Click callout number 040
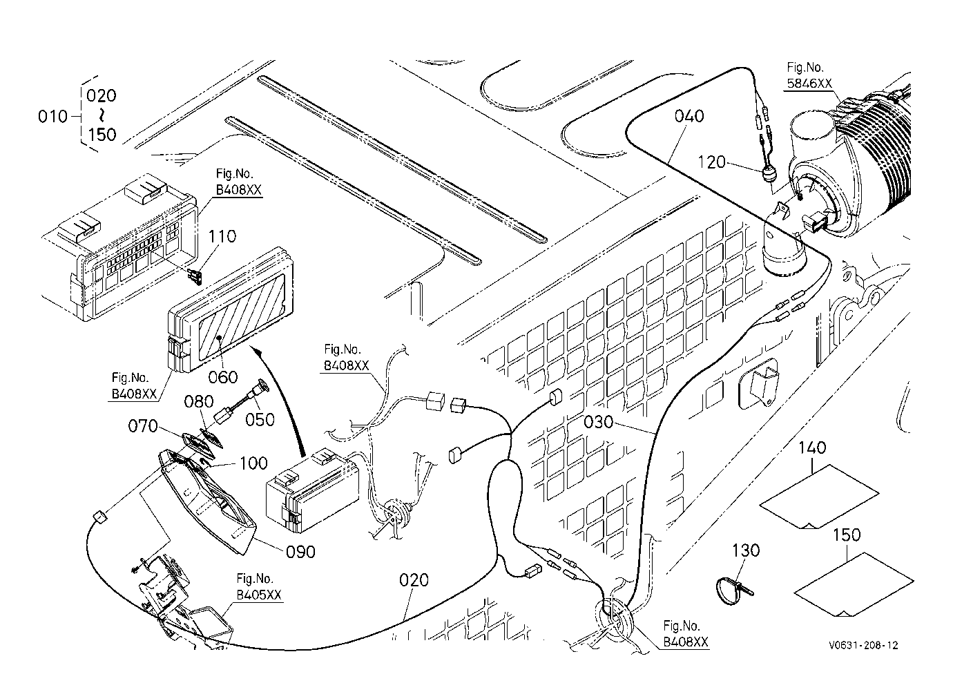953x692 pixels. click(x=689, y=116)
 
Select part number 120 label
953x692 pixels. click(x=711, y=162)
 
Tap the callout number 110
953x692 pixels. click(x=222, y=236)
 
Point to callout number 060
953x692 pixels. click(x=223, y=377)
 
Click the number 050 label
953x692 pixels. click(x=260, y=420)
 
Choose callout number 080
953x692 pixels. click(x=199, y=401)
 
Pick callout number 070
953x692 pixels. click(x=143, y=426)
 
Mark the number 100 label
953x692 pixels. click(x=253, y=463)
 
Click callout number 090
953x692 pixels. click(x=300, y=552)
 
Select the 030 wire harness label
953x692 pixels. click(x=598, y=422)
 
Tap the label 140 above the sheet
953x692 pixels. click(x=812, y=448)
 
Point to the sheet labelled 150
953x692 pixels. click(x=854, y=584)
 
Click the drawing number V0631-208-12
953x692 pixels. click(x=863, y=646)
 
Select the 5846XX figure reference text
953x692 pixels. click(x=809, y=84)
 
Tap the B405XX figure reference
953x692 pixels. click(x=259, y=595)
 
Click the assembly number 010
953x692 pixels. click(x=52, y=116)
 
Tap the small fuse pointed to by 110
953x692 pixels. click(x=196, y=277)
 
